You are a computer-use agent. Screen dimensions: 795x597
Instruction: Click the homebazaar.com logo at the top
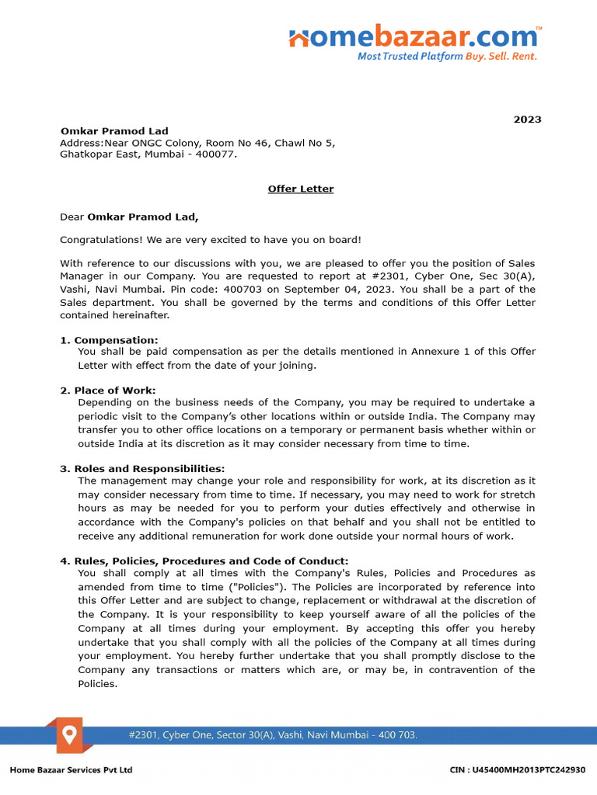pyautogui.click(x=414, y=36)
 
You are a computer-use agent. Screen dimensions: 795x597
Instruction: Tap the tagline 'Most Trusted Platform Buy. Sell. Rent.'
pyautogui.click(x=447, y=57)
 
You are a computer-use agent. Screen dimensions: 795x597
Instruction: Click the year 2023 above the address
pyautogui.click(x=527, y=120)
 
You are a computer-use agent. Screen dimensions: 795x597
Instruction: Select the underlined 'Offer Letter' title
pyautogui.click(x=301, y=189)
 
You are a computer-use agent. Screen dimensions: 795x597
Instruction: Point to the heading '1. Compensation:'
pyautogui.click(x=109, y=340)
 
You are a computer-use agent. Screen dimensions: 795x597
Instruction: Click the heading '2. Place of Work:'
pyautogui.click(x=108, y=391)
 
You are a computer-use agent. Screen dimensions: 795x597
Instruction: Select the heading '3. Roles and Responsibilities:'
pyautogui.click(x=142, y=469)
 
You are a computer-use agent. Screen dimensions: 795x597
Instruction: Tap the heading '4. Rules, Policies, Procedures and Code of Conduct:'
pyautogui.click(x=204, y=561)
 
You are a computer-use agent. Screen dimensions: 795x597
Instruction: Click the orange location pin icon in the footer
pyautogui.click(x=70, y=734)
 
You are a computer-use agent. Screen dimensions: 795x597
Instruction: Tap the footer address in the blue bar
pyautogui.click(x=273, y=734)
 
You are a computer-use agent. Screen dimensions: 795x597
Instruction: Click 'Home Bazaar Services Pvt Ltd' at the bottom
pyautogui.click(x=71, y=769)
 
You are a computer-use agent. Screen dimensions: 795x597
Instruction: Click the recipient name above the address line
pyautogui.click(x=114, y=131)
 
